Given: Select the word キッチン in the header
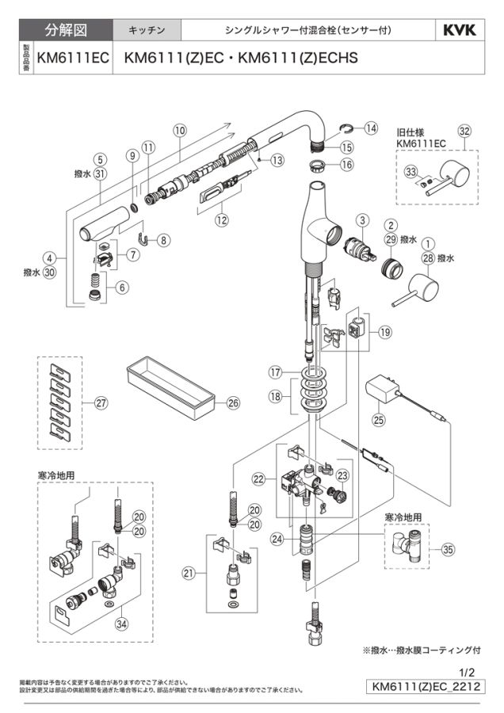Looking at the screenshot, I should pos(147,30).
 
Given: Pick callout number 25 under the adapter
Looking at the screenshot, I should pos(379,419).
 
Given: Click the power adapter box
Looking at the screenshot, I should pos(384,391).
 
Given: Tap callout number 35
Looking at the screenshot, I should pos(449,547).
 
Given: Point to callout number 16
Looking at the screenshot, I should pos(346,165).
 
